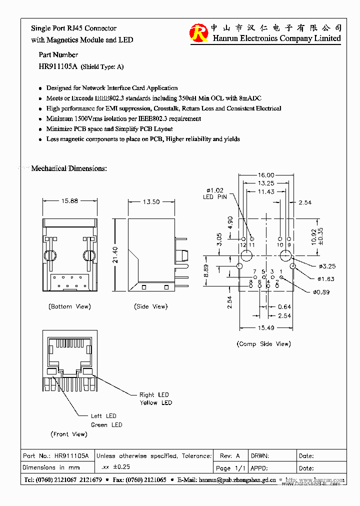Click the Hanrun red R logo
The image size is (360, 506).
(x=198, y=33)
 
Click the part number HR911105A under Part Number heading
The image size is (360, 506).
(x=58, y=66)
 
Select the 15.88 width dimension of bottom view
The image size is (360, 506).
(x=69, y=201)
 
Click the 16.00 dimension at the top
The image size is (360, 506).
(x=266, y=175)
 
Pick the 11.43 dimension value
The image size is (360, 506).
(x=266, y=191)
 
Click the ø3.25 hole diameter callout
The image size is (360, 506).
(x=325, y=266)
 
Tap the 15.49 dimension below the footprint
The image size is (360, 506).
(x=266, y=327)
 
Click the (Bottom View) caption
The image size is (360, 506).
(x=69, y=306)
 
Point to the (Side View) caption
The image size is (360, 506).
(x=150, y=306)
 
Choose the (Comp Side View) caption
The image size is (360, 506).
(x=263, y=343)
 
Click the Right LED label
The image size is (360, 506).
(x=154, y=395)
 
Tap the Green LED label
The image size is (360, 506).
(x=106, y=425)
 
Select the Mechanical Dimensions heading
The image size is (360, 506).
(x=69, y=168)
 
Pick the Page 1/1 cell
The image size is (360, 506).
(x=230, y=468)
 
